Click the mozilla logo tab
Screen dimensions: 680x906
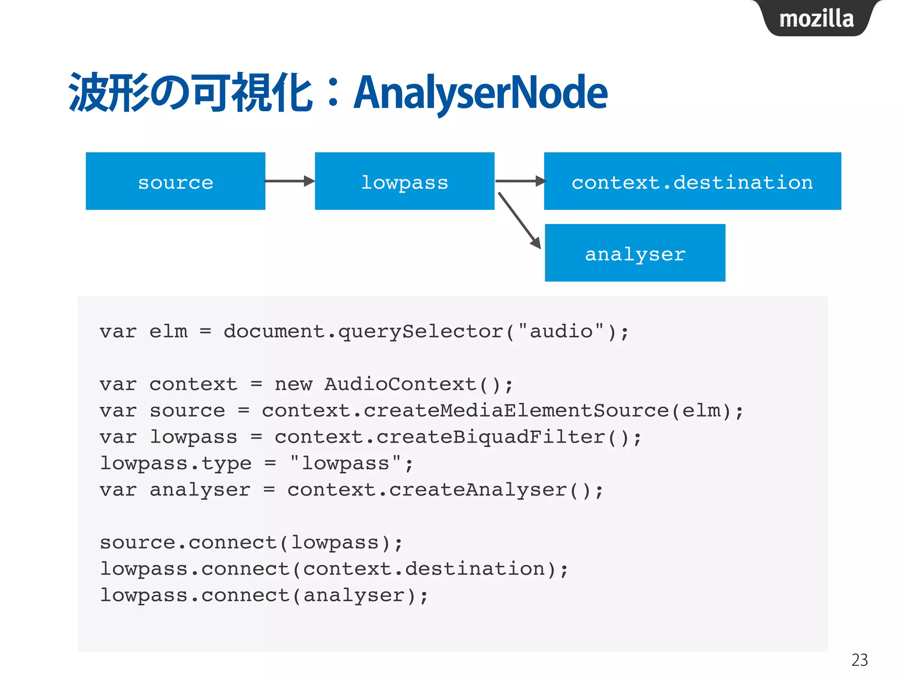(816, 19)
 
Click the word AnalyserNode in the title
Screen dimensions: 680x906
(480, 92)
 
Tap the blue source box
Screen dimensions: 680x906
(176, 181)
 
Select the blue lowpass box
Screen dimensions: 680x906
(404, 181)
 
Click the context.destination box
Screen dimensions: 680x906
(692, 181)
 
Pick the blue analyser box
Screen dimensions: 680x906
(635, 253)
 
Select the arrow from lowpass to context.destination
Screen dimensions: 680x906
(520, 181)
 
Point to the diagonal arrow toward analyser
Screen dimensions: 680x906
(518, 220)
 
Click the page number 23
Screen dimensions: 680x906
(859, 660)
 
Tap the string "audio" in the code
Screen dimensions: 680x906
(561, 331)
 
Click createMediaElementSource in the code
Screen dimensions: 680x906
(515, 411)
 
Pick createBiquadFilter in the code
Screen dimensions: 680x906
(490, 437)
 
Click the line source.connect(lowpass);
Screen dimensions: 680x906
(251, 543)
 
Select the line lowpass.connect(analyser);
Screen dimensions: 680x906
(264, 595)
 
